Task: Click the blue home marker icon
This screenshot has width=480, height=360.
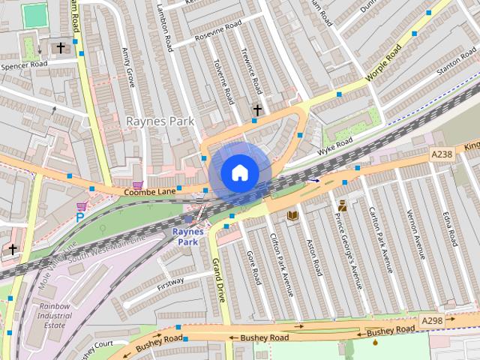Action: point(239,173)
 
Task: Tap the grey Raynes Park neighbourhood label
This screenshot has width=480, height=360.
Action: point(160,121)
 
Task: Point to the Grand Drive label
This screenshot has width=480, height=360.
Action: point(219,280)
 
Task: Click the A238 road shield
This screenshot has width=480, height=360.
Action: point(442,154)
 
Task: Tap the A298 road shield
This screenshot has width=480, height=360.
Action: point(431,321)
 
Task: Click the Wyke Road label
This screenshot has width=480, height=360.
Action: point(334,144)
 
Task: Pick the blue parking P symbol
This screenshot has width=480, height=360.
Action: point(79,217)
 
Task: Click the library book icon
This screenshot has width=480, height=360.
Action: point(292,216)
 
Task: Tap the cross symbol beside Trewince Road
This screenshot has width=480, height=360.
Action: point(257,110)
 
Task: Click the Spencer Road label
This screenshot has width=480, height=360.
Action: point(24,66)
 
